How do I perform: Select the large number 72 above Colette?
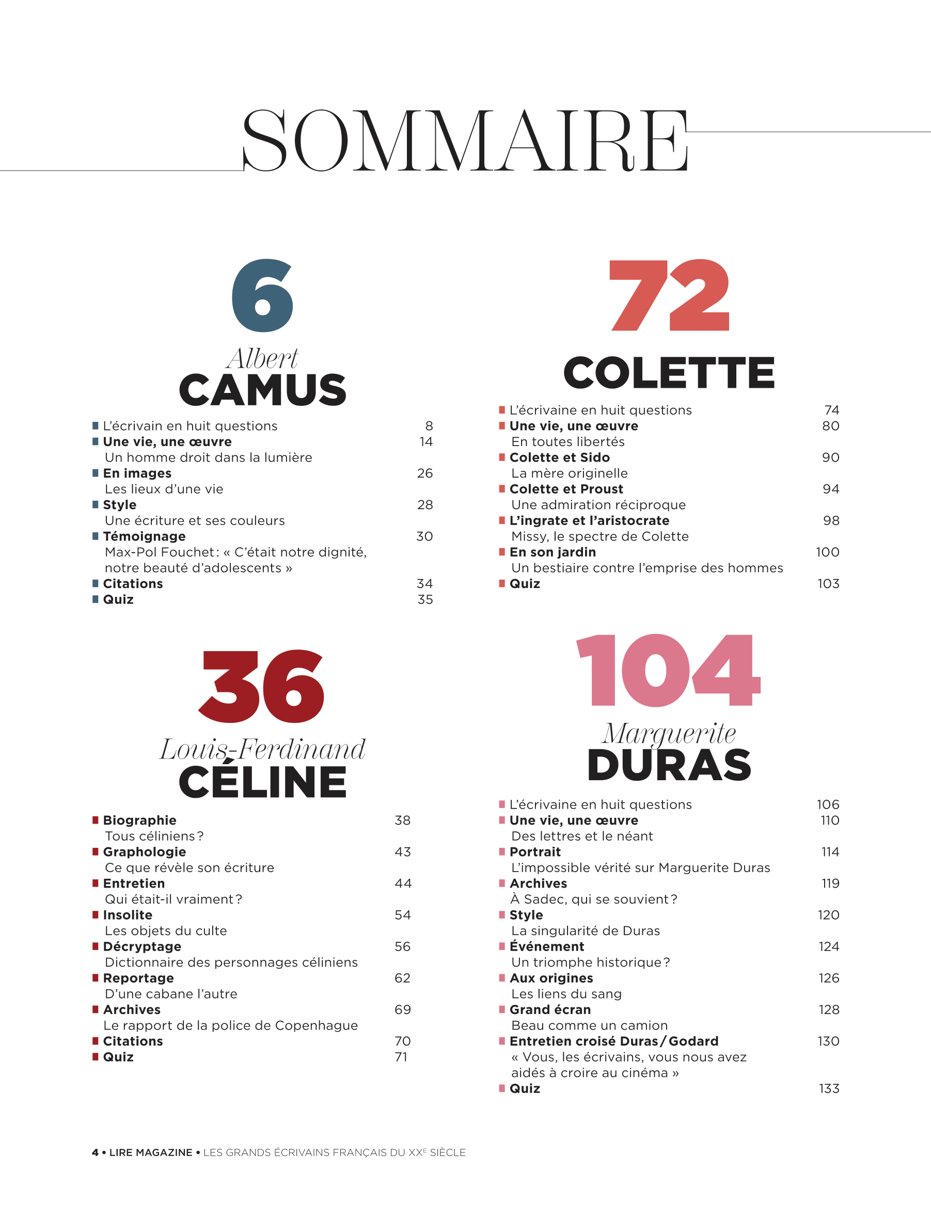click(x=669, y=295)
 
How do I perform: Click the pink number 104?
click(x=668, y=670)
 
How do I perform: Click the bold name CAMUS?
click(x=262, y=390)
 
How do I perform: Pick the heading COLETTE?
click(x=669, y=373)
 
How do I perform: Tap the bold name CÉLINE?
click(x=262, y=782)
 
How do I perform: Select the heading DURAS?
click(x=669, y=765)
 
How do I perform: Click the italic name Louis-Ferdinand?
click(x=262, y=749)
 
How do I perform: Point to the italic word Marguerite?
click(x=669, y=733)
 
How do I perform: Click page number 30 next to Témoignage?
click(x=424, y=536)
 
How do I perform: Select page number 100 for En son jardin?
click(x=827, y=552)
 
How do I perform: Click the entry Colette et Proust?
click(x=566, y=489)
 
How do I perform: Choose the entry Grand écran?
click(x=550, y=1010)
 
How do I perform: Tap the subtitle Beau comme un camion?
click(x=589, y=1025)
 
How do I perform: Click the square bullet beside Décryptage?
click(x=96, y=946)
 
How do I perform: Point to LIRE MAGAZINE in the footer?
click(x=151, y=1152)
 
